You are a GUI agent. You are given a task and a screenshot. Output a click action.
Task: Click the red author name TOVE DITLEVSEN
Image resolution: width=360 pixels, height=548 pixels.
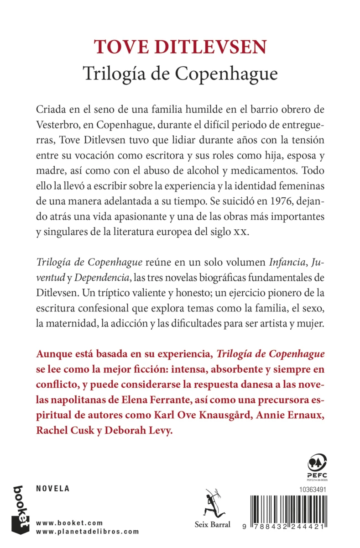(x=180, y=47)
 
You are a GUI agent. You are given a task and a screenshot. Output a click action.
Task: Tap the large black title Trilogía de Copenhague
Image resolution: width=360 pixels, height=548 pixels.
(x=180, y=73)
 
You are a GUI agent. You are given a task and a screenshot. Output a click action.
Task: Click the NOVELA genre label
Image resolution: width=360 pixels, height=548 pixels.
(x=52, y=488)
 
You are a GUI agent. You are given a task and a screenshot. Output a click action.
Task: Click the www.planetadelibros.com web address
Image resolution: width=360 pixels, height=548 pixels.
(x=87, y=532)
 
